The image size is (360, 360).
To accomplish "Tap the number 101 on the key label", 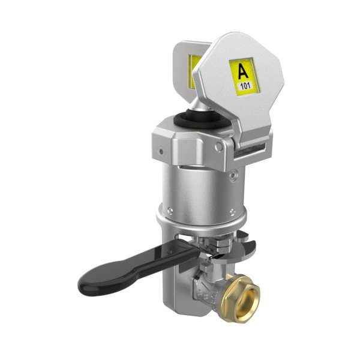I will (245, 86).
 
